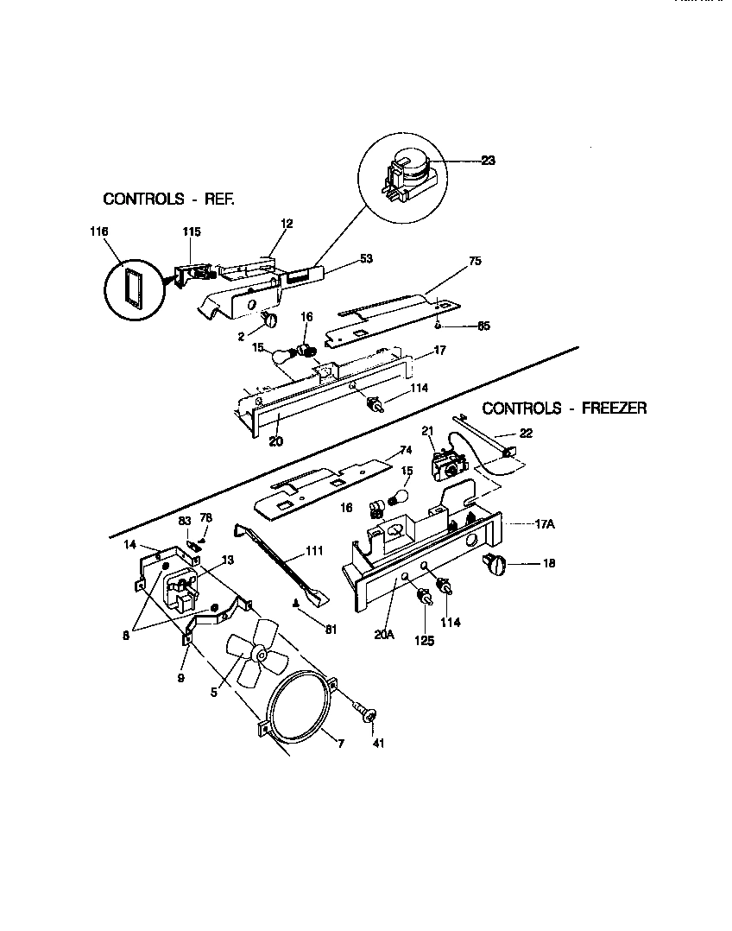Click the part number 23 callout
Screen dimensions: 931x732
coord(489,160)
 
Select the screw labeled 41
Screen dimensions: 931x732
coord(366,716)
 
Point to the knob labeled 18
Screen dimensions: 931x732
coord(496,565)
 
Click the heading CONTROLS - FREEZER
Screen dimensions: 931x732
coord(564,408)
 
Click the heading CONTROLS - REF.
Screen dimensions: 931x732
coord(169,199)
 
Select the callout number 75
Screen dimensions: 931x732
coord(475,260)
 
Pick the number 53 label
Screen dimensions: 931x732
coord(366,257)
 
